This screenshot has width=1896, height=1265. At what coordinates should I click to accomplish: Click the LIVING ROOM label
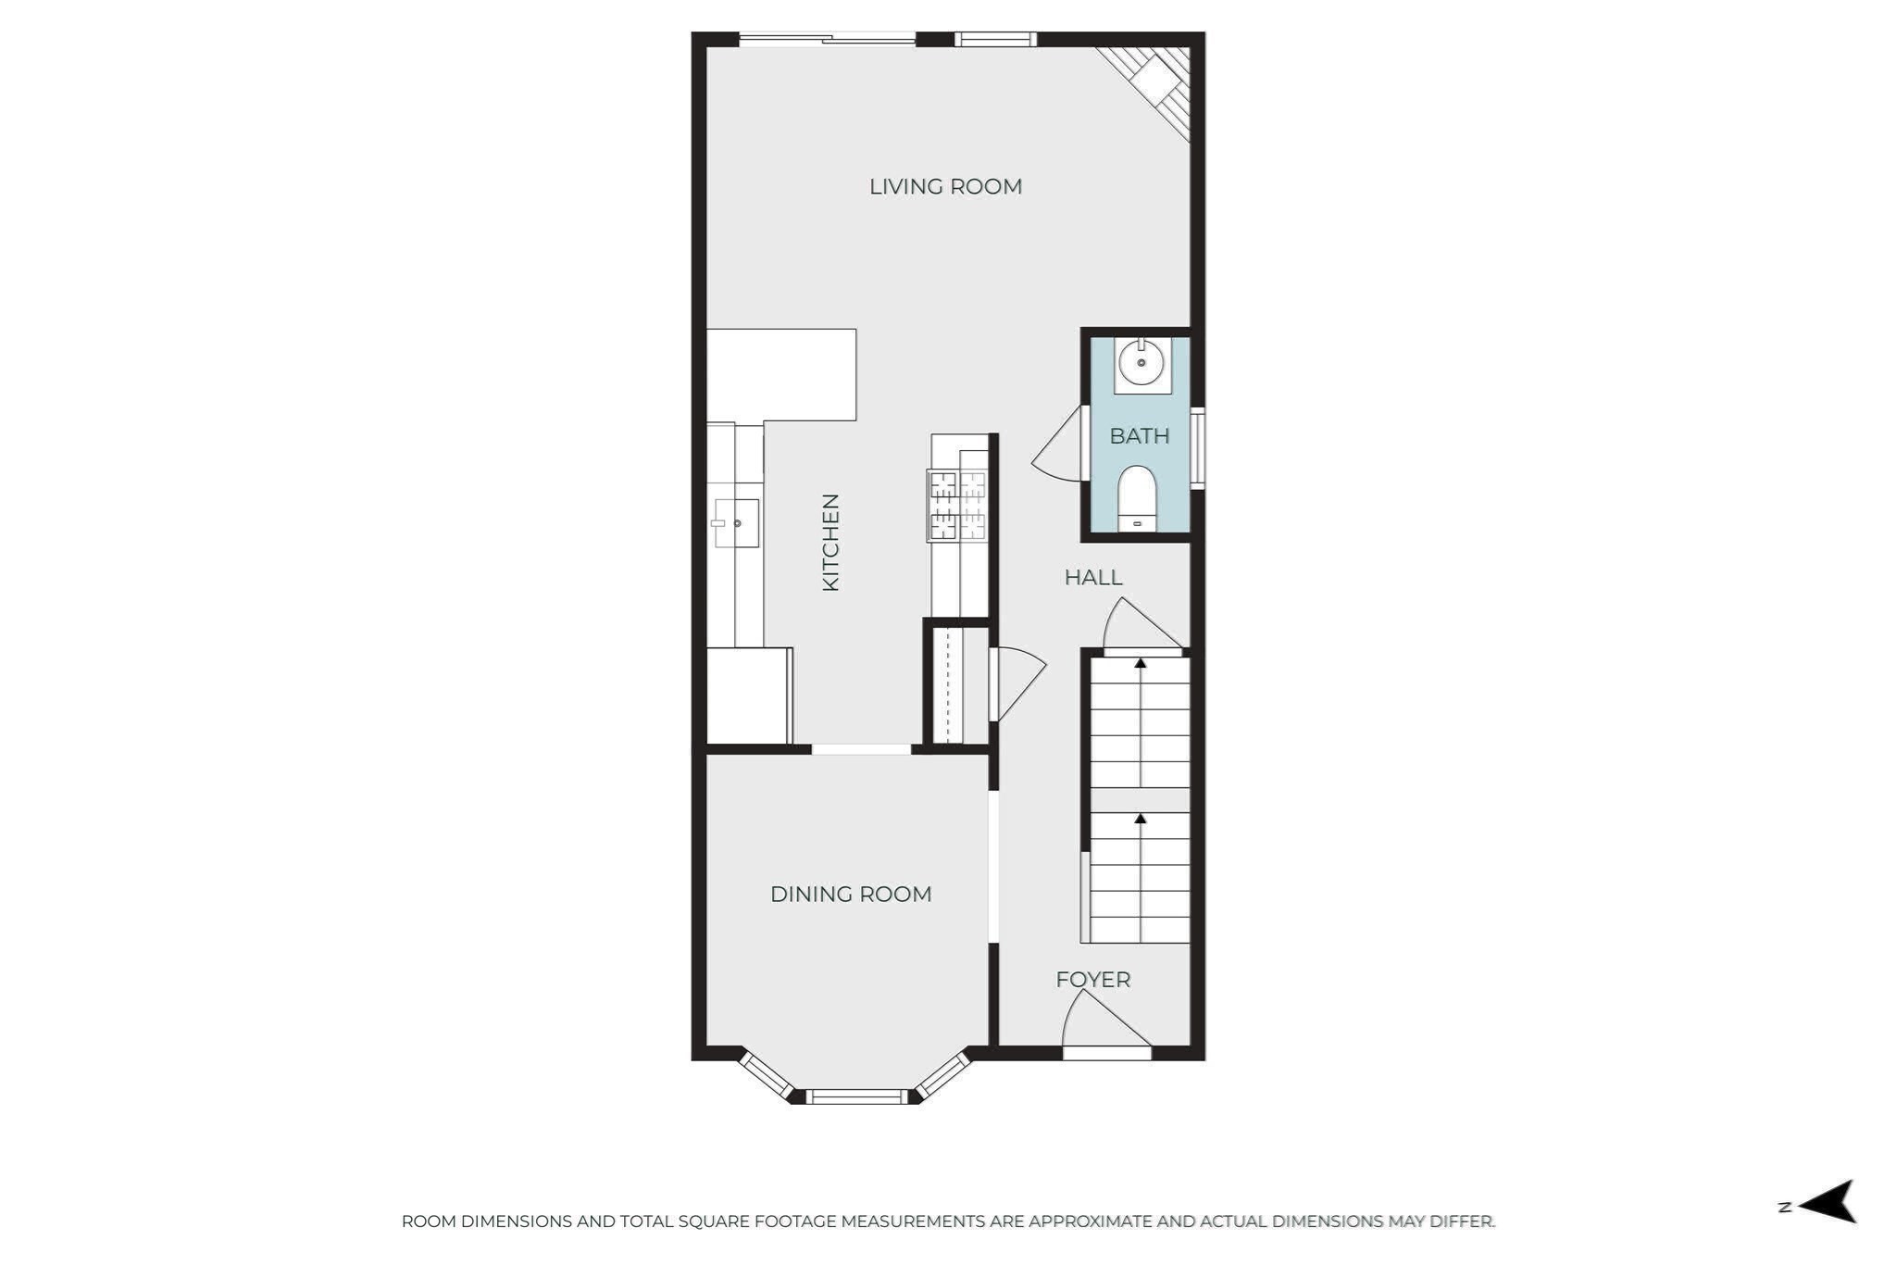tap(945, 186)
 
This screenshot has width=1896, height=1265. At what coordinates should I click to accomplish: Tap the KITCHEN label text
tap(830, 542)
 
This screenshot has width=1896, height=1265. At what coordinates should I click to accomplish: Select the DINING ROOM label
tap(851, 894)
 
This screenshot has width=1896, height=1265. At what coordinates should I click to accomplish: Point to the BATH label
tap(1140, 435)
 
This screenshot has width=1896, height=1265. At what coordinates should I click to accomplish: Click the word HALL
tap(1093, 577)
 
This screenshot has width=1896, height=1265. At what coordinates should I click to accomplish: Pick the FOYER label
tap(1093, 979)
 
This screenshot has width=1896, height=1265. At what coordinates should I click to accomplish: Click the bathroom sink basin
tap(1141, 363)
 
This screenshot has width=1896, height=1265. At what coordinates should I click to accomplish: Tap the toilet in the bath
tap(1137, 495)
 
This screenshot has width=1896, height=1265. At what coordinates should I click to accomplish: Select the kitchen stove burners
tap(957, 505)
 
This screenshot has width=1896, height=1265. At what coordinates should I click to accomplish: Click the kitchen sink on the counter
tap(737, 523)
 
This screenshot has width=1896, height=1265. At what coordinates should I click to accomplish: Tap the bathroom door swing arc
tap(1058, 449)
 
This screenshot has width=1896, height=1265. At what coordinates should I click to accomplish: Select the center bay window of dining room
tap(856, 1096)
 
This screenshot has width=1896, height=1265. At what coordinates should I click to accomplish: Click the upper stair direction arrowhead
tap(1141, 663)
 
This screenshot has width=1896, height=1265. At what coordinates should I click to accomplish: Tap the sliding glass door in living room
tap(827, 39)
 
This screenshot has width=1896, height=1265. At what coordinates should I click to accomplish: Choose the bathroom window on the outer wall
tap(1197, 448)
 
